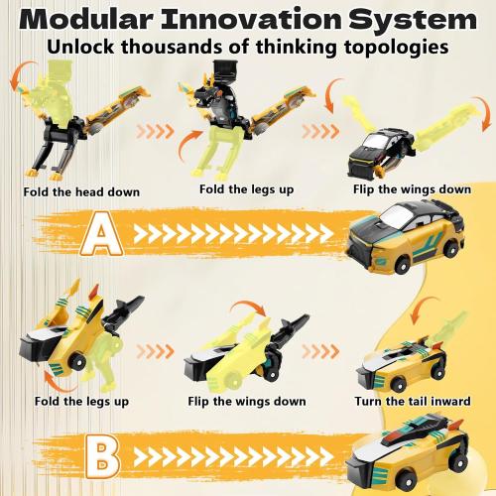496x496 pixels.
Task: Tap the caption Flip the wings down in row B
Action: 246,403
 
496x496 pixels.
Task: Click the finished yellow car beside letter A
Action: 413,239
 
